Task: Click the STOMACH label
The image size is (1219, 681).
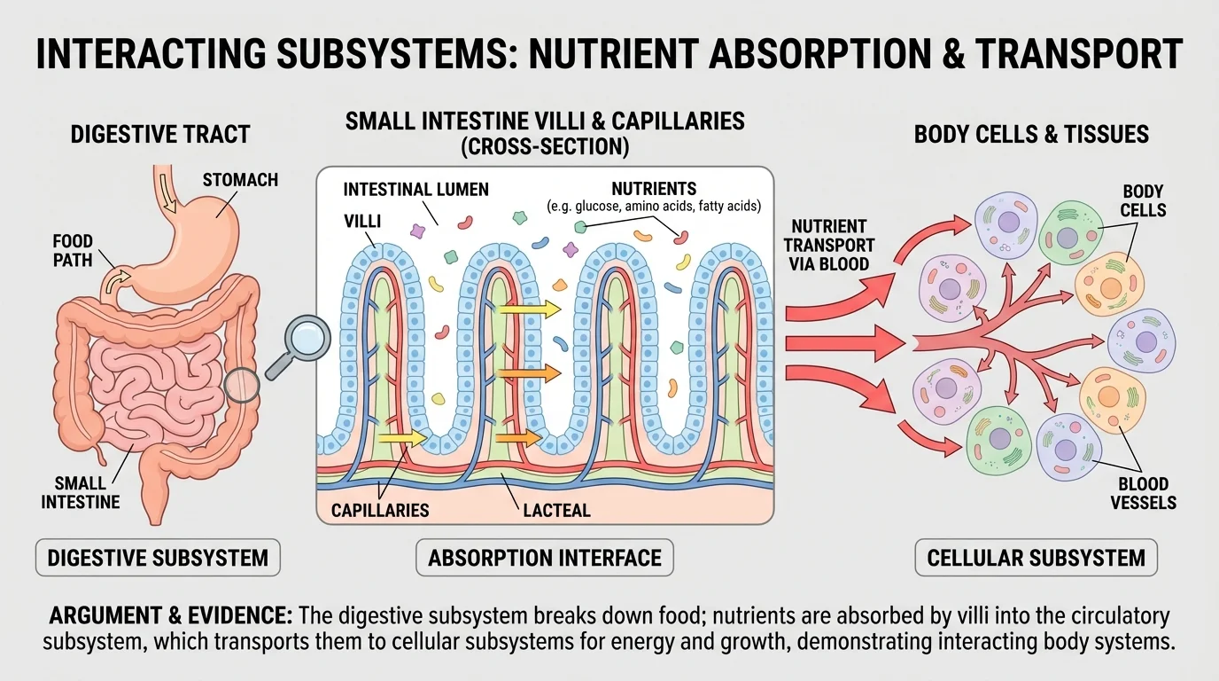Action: (x=240, y=180)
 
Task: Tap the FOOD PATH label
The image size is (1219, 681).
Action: (x=73, y=250)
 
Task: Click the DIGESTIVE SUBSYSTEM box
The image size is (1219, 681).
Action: (x=158, y=558)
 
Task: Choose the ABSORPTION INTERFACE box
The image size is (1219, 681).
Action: (x=544, y=558)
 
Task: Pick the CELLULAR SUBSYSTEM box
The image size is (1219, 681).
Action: (x=1036, y=558)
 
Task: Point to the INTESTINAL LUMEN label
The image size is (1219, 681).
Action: (x=415, y=190)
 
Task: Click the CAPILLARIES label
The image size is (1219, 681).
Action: (x=380, y=510)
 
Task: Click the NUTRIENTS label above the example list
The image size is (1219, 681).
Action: (x=654, y=189)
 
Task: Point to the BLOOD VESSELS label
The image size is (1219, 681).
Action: (x=1143, y=493)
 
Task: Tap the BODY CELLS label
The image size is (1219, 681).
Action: (x=1143, y=200)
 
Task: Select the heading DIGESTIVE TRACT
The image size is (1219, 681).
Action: (x=160, y=135)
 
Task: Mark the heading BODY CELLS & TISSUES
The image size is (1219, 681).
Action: (x=1031, y=135)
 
